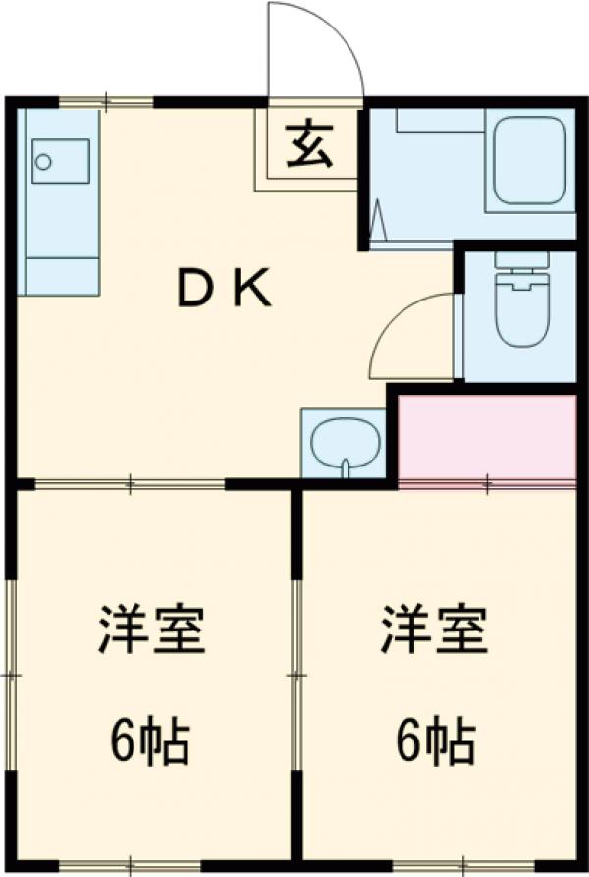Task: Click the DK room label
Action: click(224, 290)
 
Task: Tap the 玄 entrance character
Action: click(310, 146)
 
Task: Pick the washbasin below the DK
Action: click(345, 444)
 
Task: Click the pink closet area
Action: click(486, 438)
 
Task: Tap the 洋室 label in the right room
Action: click(434, 631)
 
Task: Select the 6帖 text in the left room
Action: click(149, 742)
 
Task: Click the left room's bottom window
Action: click(130, 865)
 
